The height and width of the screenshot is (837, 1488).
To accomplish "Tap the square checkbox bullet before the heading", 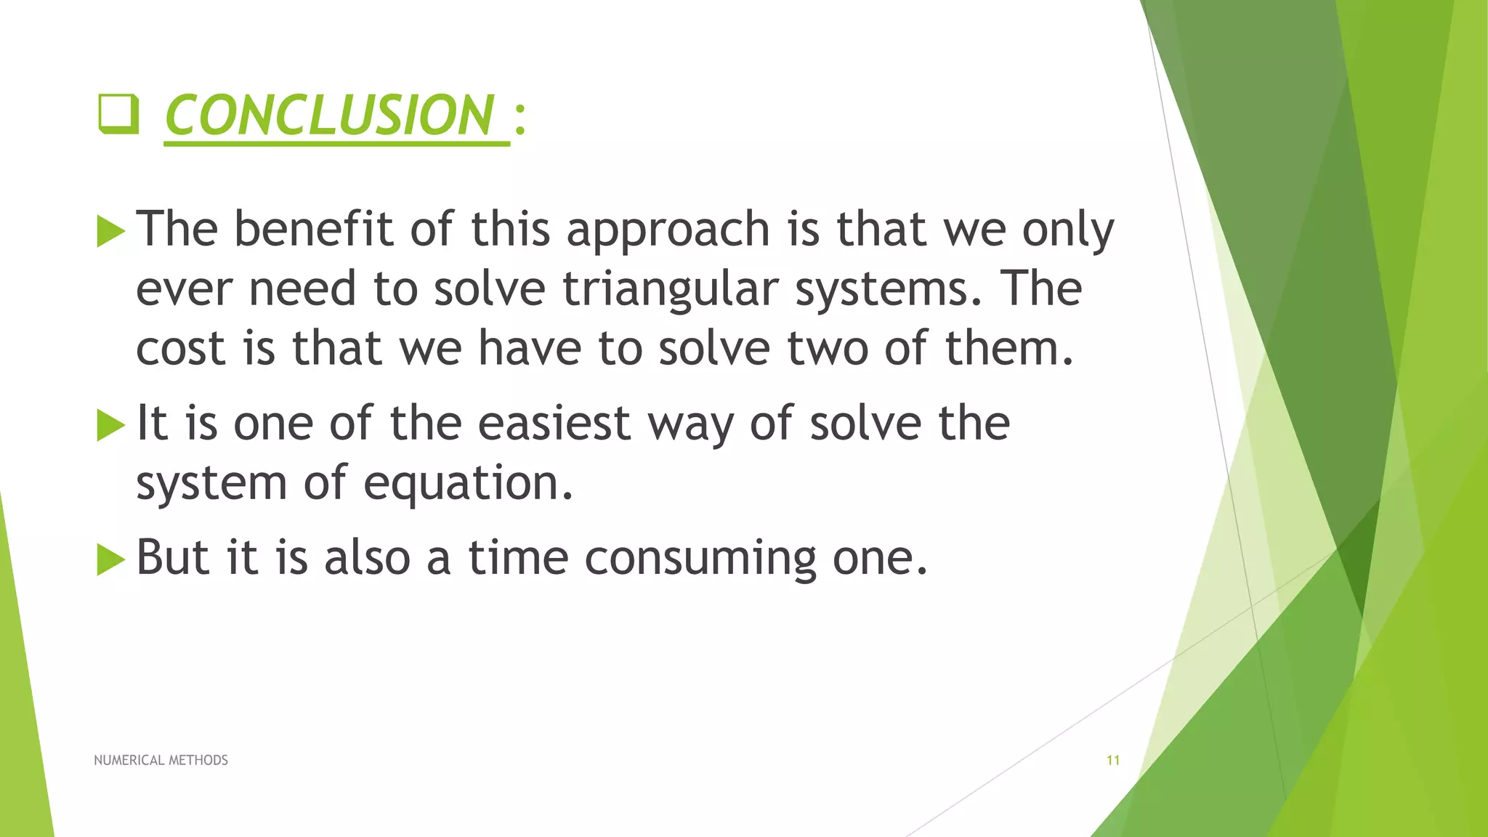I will tap(118, 115).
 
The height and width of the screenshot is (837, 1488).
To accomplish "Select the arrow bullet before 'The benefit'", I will tap(110, 232).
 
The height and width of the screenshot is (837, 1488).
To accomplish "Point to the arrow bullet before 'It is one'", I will tap(110, 425).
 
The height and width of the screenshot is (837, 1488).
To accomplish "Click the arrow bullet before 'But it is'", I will tap(110, 559).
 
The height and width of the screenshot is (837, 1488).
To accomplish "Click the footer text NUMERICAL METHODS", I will tap(161, 760).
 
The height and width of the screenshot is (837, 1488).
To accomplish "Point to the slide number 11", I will tap(1112, 760).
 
